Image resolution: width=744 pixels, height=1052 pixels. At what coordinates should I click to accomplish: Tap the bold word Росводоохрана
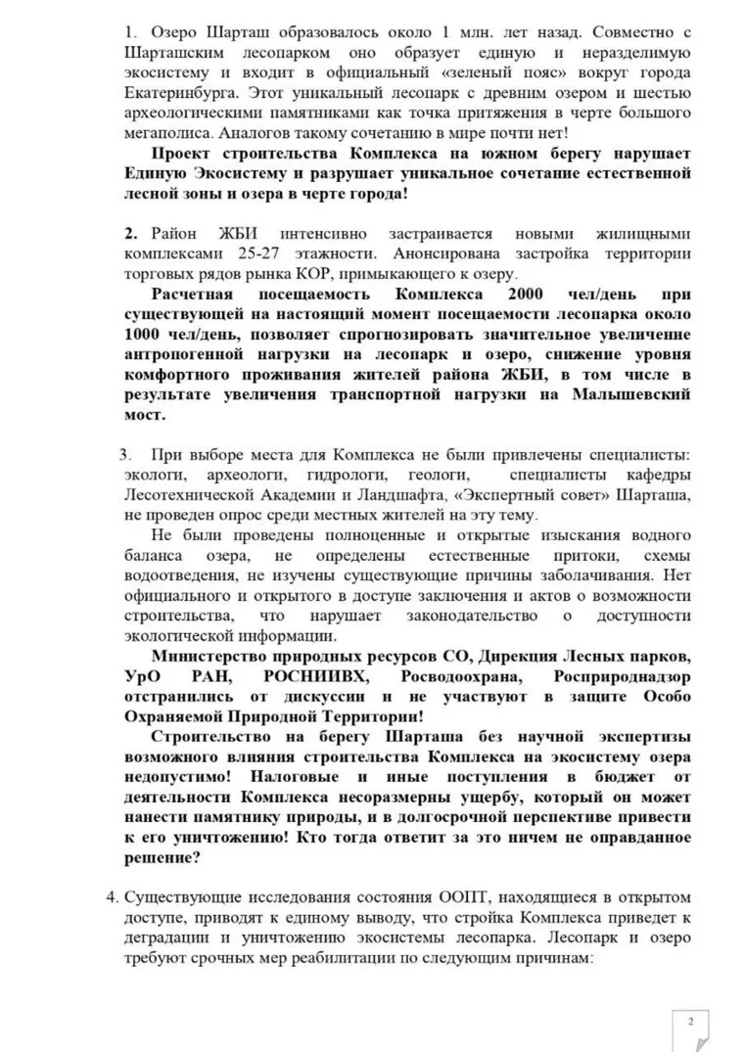[x=445, y=675]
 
